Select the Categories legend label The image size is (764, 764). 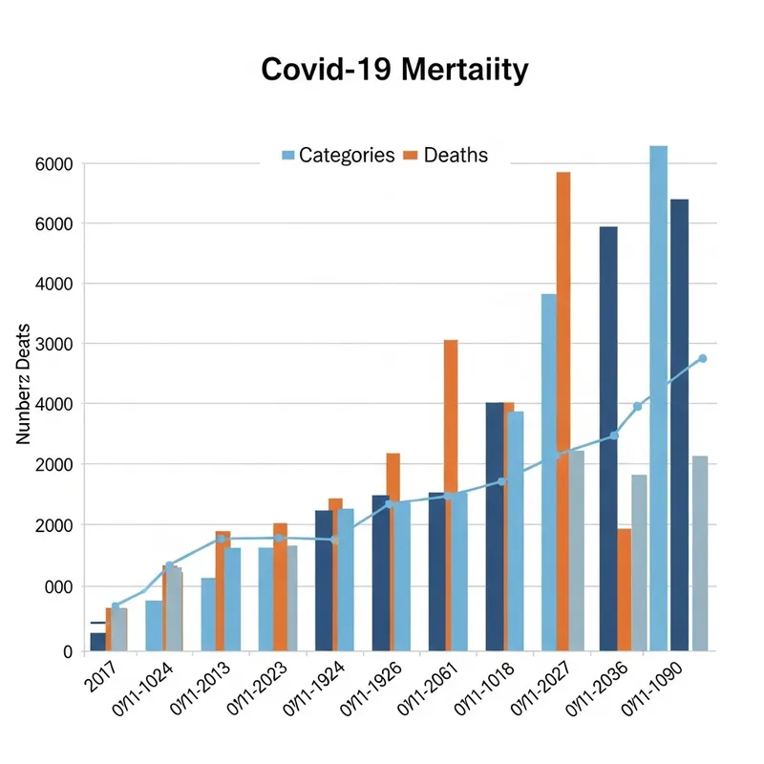pyautogui.click(x=347, y=155)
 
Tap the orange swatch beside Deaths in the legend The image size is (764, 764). pyautogui.click(x=412, y=155)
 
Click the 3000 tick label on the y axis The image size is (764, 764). pyautogui.click(x=53, y=344)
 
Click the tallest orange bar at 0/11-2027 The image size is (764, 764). pyautogui.click(x=563, y=411)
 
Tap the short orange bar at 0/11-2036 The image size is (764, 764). pyautogui.click(x=624, y=589)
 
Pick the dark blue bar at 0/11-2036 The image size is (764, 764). pyautogui.click(x=608, y=438)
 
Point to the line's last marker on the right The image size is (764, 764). pyautogui.click(x=703, y=358)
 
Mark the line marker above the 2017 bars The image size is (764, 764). pyautogui.click(x=116, y=606)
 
